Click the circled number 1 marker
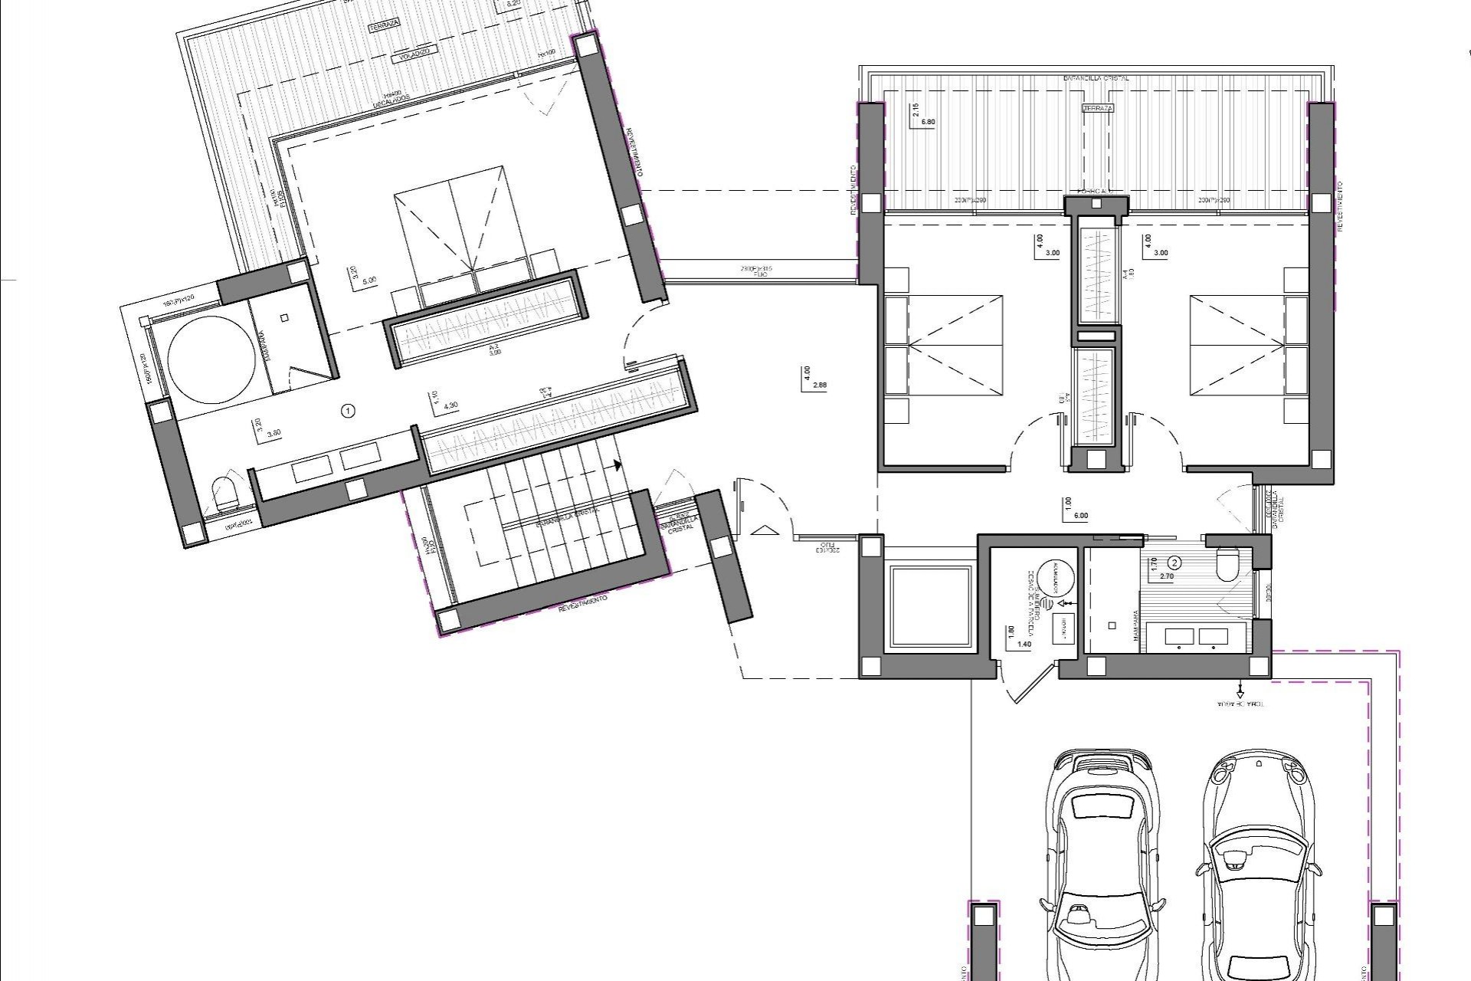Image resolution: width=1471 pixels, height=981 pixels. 349,411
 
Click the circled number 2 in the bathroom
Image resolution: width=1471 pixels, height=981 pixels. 1175,563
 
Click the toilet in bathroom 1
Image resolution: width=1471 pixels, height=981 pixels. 224,494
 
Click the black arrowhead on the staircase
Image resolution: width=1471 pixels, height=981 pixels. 617,464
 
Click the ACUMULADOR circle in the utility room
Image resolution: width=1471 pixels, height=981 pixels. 1057,579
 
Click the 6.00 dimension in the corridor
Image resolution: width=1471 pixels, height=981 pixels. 1081,516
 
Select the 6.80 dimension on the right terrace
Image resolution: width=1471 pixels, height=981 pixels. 928,122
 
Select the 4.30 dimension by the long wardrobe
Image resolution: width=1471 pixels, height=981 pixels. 451,405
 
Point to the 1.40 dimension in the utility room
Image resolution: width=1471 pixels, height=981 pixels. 1024,645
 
